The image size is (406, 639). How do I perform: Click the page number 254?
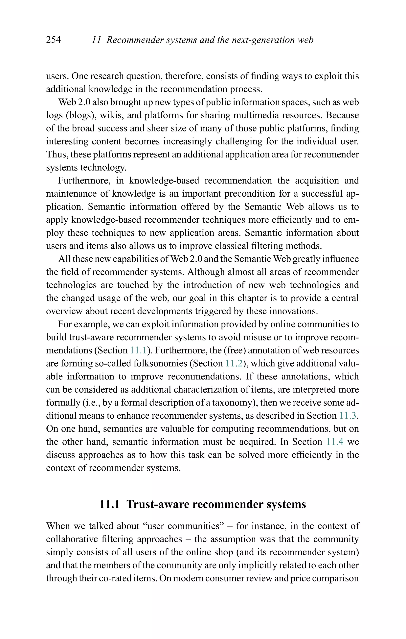pos(53,40)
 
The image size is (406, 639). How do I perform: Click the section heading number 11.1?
pos(109,504)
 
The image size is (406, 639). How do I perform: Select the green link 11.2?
pos(234,363)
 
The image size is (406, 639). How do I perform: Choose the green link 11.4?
pos(335,442)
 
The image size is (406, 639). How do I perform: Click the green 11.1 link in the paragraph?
pos(138,350)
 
